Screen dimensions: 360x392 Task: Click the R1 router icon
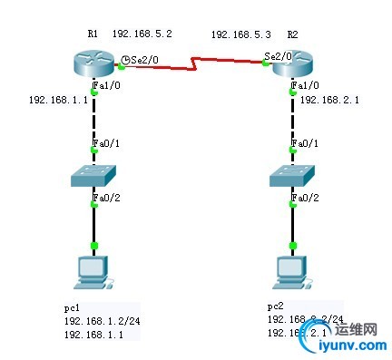click(x=94, y=62)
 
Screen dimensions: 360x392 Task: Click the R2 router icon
click(x=291, y=62)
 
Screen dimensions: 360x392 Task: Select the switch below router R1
click(x=94, y=174)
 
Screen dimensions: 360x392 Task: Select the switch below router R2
click(x=292, y=174)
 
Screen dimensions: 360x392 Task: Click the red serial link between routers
click(x=195, y=63)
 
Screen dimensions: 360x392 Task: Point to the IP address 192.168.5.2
click(x=142, y=34)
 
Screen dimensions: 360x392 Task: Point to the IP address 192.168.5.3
click(x=240, y=34)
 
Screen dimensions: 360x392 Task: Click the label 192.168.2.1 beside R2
click(x=330, y=100)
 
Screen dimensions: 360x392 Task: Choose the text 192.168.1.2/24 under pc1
click(x=97, y=321)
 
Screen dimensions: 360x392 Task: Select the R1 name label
click(x=93, y=33)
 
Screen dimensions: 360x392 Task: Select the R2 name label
click(x=292, y=34)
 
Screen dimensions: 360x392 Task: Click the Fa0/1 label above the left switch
click(x=107, y=143)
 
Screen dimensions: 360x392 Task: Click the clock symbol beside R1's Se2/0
click(x=124, y=59)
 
